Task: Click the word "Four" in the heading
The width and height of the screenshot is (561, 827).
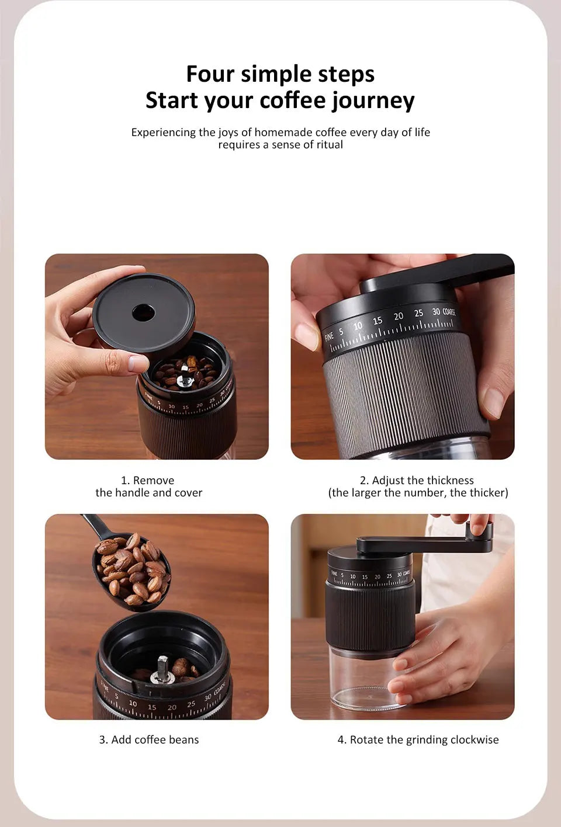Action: click(x=210, y=74)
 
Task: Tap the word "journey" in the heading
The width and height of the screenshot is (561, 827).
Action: click(x=373, y=101)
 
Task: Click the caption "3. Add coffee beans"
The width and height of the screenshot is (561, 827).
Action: click(x=149, y=739)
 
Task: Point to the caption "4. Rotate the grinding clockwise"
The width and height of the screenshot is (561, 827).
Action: click(x=418, y=739)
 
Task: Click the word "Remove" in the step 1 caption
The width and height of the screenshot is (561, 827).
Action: click(x=154, y=480)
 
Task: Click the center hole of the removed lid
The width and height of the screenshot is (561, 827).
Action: click(x=143, y=313)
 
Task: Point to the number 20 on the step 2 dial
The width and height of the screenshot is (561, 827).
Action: click(x=398, y=316)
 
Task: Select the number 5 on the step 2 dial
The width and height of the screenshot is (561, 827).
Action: click(x=341, y=331)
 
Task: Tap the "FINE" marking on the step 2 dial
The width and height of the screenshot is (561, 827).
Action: click(x=329, y=336)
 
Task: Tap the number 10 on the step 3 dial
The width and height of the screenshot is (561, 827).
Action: click(x=133, y=703)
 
